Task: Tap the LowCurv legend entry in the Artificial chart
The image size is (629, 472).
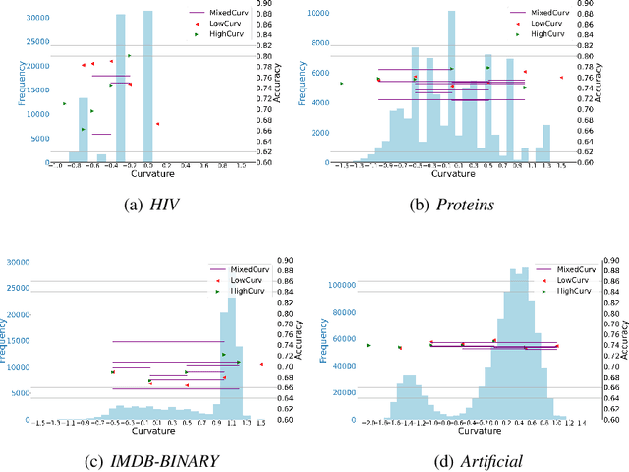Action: [x=564, y=279]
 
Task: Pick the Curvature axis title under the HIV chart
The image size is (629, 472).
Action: [x=146, y=175]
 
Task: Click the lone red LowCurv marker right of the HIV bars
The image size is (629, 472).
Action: [x=157, y=124]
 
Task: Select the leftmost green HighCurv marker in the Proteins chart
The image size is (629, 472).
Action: [x=341, y=84]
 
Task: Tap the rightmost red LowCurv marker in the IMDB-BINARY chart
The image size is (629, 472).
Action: [x=261, y=365]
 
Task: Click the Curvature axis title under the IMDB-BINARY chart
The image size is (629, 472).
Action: [x=146, y=430]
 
